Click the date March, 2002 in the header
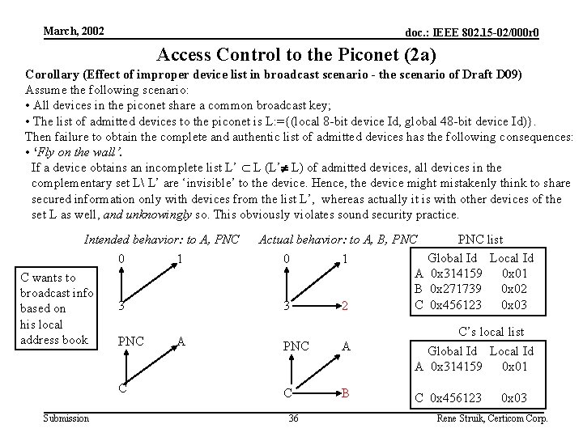pos(74,31)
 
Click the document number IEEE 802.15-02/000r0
pos(472,32)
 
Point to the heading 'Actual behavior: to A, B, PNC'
pos(338,240)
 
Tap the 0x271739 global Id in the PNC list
pos(457,289)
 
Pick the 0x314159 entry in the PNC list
pos(457,274)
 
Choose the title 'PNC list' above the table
pos(480,240)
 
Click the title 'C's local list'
pos(492,332)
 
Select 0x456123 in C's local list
pos(457,397)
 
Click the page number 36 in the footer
pos(294,418)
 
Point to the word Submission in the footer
pos(66,418)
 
